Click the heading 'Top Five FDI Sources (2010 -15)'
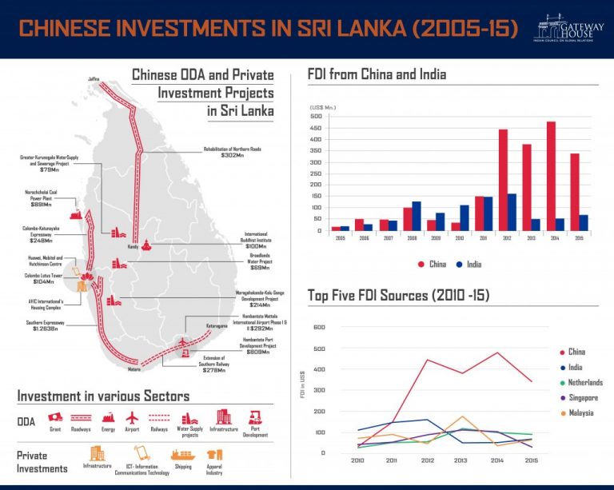pyautogui.click(x=398, y=297)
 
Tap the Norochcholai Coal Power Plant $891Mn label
pyautogui.click(x=37, y=199)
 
